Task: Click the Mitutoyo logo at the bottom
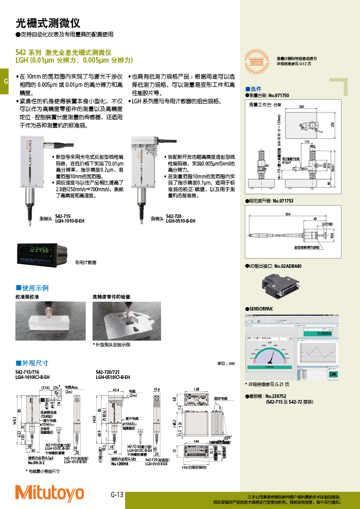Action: click(x=49, y=493)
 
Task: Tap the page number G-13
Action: click(x=117, y=495)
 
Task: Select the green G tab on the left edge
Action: click(x=4, y=83)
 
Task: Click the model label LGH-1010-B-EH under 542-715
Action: click(x=69, y=221)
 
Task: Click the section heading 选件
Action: click(x=256, y=88)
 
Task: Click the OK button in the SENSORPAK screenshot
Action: click(x=333, y=374)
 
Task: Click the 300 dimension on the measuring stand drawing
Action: click(x=301, y=106)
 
